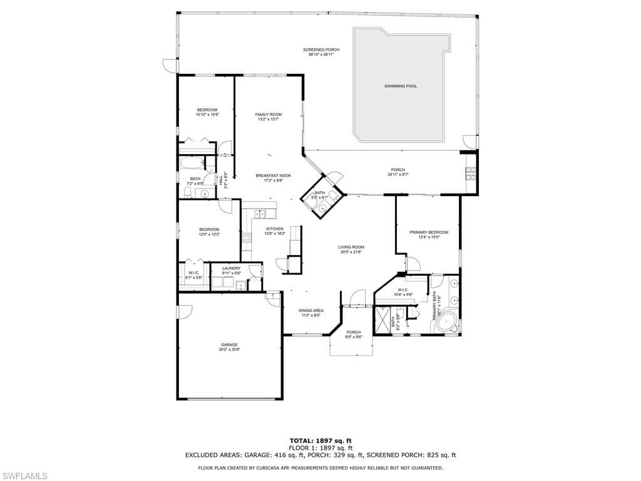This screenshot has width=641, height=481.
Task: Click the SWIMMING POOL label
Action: click(401, 86)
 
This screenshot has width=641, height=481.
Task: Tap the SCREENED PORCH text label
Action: click(321, 49)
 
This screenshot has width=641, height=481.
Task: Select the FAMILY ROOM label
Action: click(269, 115)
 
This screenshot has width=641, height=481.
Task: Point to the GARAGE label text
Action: click(229, 344)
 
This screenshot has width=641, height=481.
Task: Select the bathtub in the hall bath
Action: click(192, 164)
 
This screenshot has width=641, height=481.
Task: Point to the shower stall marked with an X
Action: click(381, 320)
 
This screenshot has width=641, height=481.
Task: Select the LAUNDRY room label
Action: click(231, 268)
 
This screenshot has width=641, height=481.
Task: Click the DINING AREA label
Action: click(310, 311)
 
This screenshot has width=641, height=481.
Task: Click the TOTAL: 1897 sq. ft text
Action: click(320, 440)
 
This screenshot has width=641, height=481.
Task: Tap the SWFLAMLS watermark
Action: click(24, 476)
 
